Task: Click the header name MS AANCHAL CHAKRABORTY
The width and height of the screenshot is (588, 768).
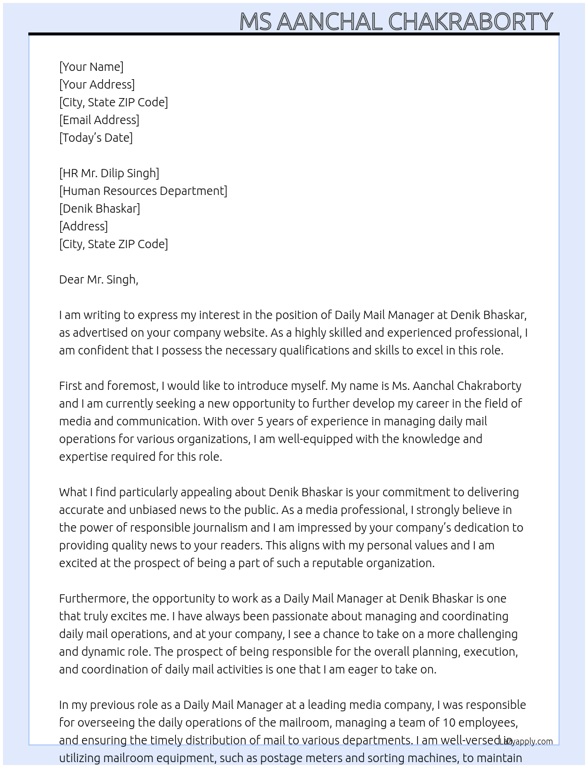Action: coord(396,21)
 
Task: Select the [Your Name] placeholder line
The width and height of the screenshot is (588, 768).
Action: coord(92,67)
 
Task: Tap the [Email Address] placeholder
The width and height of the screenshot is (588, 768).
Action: coord(99,120)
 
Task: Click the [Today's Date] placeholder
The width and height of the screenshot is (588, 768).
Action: coord(96,138)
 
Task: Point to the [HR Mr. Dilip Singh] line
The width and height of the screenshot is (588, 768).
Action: coord(109,173)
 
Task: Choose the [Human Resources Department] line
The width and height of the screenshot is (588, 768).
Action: coord(143,191)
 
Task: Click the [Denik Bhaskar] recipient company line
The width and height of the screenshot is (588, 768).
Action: coord(100,209)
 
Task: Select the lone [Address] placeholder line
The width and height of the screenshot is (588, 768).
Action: coord(83,226)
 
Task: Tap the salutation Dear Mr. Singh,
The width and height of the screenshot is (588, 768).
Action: coord(99,279)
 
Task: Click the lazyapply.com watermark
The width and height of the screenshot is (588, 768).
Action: coord(527,741)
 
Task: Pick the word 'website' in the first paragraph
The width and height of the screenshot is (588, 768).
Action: coord(236,333)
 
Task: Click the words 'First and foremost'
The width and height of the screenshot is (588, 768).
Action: coord(109,386)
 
